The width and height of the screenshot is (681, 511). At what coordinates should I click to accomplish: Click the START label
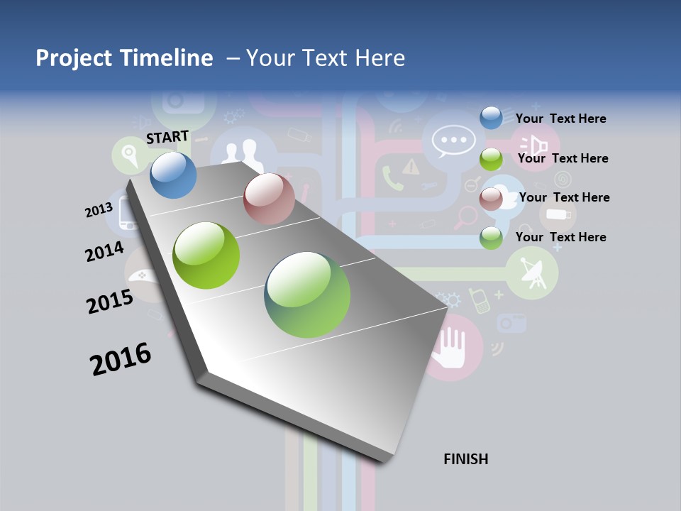[167, 136]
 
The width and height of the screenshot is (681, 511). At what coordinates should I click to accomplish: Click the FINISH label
[466, 459]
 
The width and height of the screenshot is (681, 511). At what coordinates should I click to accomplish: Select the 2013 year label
[99, 210]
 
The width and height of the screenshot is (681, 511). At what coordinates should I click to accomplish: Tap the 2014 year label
[104, 252]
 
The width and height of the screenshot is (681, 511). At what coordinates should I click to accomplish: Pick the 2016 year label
[121, 359]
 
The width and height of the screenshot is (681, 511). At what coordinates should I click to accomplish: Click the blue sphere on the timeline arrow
[174, 175]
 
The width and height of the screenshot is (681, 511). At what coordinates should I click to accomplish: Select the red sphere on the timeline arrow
[269, 199]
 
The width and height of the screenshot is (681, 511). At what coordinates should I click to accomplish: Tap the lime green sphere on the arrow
[206, 255]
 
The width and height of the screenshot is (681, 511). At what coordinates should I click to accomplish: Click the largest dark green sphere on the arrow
[307, 295]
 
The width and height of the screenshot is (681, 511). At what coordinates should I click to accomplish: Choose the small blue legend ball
[491, 118]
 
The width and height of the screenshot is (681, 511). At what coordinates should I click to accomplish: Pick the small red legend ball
[491, 199]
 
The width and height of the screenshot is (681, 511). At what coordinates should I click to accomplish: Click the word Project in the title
[72, 58]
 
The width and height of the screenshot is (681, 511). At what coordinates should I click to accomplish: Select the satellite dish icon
[532, 273]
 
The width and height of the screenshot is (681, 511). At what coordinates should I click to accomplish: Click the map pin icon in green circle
[130, 154]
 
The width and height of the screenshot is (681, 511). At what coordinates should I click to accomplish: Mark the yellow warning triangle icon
[411, 167]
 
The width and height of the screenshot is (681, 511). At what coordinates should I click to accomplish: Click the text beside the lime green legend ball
[563, 158]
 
